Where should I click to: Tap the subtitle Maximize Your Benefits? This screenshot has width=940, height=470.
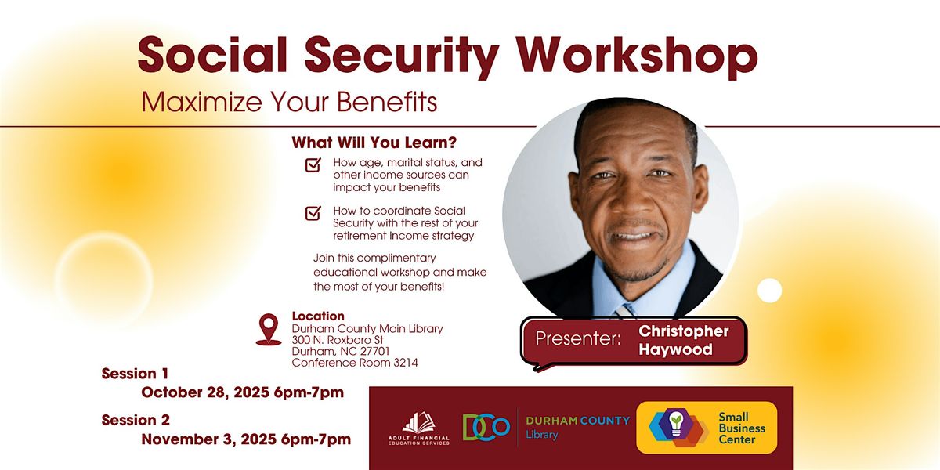[289, 102]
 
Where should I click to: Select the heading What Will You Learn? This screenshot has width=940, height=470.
[374, 143]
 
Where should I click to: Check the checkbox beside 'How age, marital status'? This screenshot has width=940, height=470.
[313, 165]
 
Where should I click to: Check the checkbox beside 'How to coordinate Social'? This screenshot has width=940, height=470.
[313, 213]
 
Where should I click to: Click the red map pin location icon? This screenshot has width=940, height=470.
[269, 329]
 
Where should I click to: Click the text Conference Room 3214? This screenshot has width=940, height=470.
[354, 363]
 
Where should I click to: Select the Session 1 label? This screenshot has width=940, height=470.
[135, 374]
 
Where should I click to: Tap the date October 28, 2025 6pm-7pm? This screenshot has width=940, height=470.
[242, 392]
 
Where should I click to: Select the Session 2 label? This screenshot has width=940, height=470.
[136, 421]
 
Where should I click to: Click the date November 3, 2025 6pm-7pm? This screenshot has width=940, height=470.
[246, 439]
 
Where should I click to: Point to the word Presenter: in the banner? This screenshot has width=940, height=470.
[578, 340]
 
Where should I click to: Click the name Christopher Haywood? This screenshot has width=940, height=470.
[683, 340]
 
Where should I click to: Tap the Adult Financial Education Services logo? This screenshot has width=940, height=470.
[419, 428]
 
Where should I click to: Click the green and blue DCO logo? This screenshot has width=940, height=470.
[486, 427]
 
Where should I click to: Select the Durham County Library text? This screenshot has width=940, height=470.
[577, 428]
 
